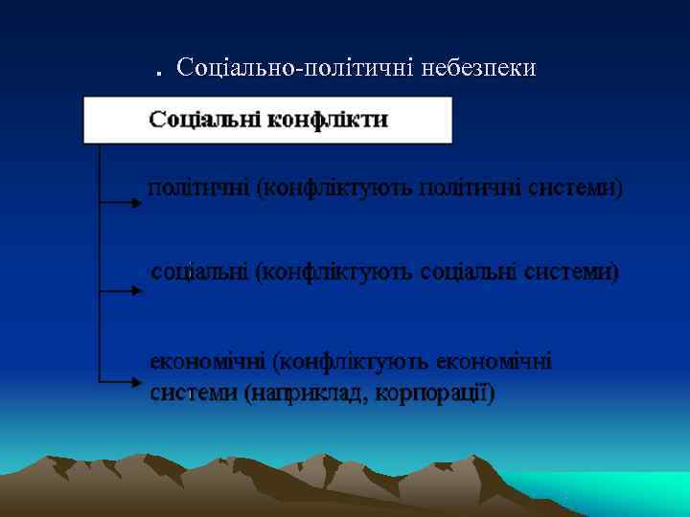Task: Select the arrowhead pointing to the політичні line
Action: click(x=135, y=203)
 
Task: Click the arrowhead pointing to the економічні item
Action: click(x=135, y=381)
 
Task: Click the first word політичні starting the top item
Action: click(x=196, y=188)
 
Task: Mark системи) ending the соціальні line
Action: click(x=573, y=272)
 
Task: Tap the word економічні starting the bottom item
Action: click(x=207, y=363)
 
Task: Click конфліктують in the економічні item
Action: click(x=351, y=363)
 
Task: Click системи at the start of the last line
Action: click(x=194, y=393)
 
